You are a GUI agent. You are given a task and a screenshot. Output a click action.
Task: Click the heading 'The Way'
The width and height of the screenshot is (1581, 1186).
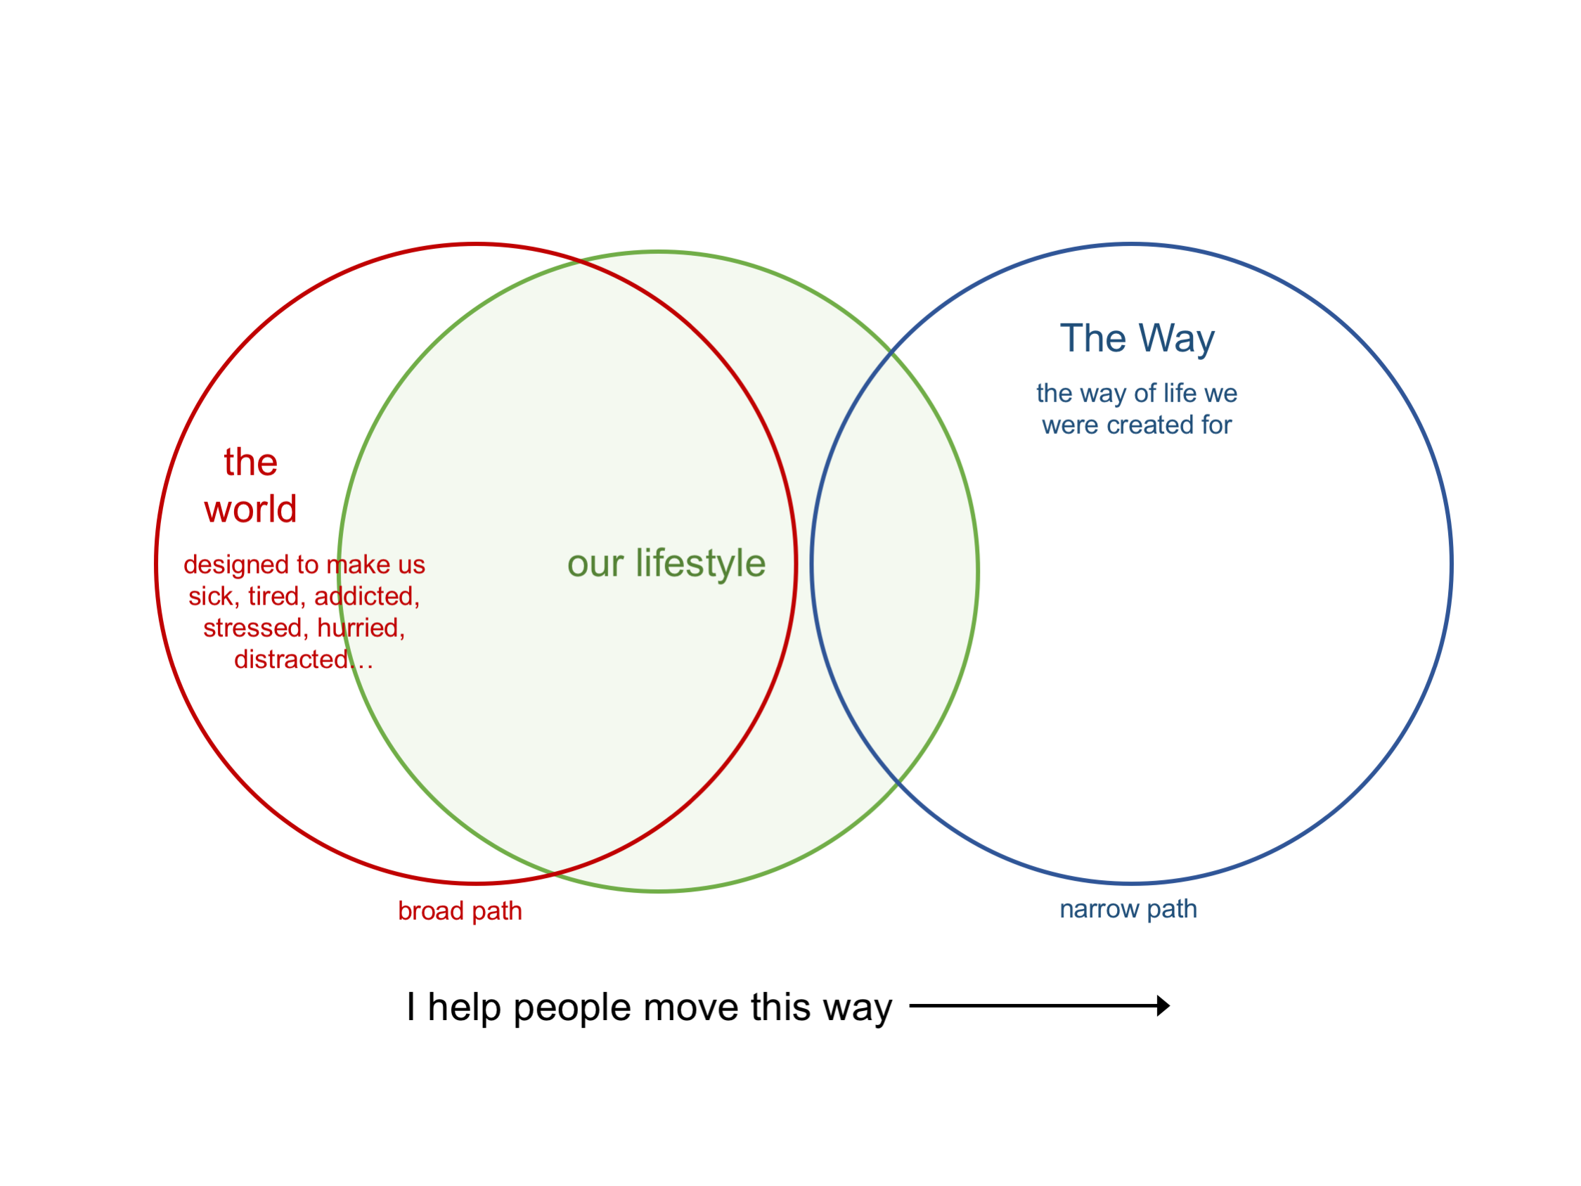(x=1137, y=339)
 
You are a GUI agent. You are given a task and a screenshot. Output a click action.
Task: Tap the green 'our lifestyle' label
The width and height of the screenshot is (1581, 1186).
(x=666, y=563)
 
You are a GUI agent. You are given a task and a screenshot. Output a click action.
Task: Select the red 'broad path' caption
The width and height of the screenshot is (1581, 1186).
(x=460, y=912)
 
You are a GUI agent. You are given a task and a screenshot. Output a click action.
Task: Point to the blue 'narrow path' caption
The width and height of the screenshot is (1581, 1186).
(x=1128, y=909)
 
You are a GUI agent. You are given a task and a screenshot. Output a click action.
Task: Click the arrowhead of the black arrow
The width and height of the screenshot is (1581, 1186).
(x=1163, y=1006)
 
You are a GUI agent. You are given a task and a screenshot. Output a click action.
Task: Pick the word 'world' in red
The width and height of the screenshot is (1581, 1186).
(x=250, y=510)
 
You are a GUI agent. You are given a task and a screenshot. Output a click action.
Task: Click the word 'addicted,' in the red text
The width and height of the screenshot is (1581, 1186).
(x=367, y=596)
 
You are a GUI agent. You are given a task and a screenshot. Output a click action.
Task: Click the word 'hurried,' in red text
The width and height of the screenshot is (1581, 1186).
(x=361, y=628)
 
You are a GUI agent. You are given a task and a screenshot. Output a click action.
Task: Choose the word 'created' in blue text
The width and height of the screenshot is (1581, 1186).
(x=1150, y=425)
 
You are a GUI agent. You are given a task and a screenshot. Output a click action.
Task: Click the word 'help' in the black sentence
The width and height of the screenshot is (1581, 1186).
(x=464, y=1007)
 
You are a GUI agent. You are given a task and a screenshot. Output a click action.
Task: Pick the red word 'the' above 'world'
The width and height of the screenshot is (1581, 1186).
(x=250, y=463)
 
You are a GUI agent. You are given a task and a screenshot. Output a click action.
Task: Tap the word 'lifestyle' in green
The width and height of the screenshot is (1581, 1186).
(x=700, y=563)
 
